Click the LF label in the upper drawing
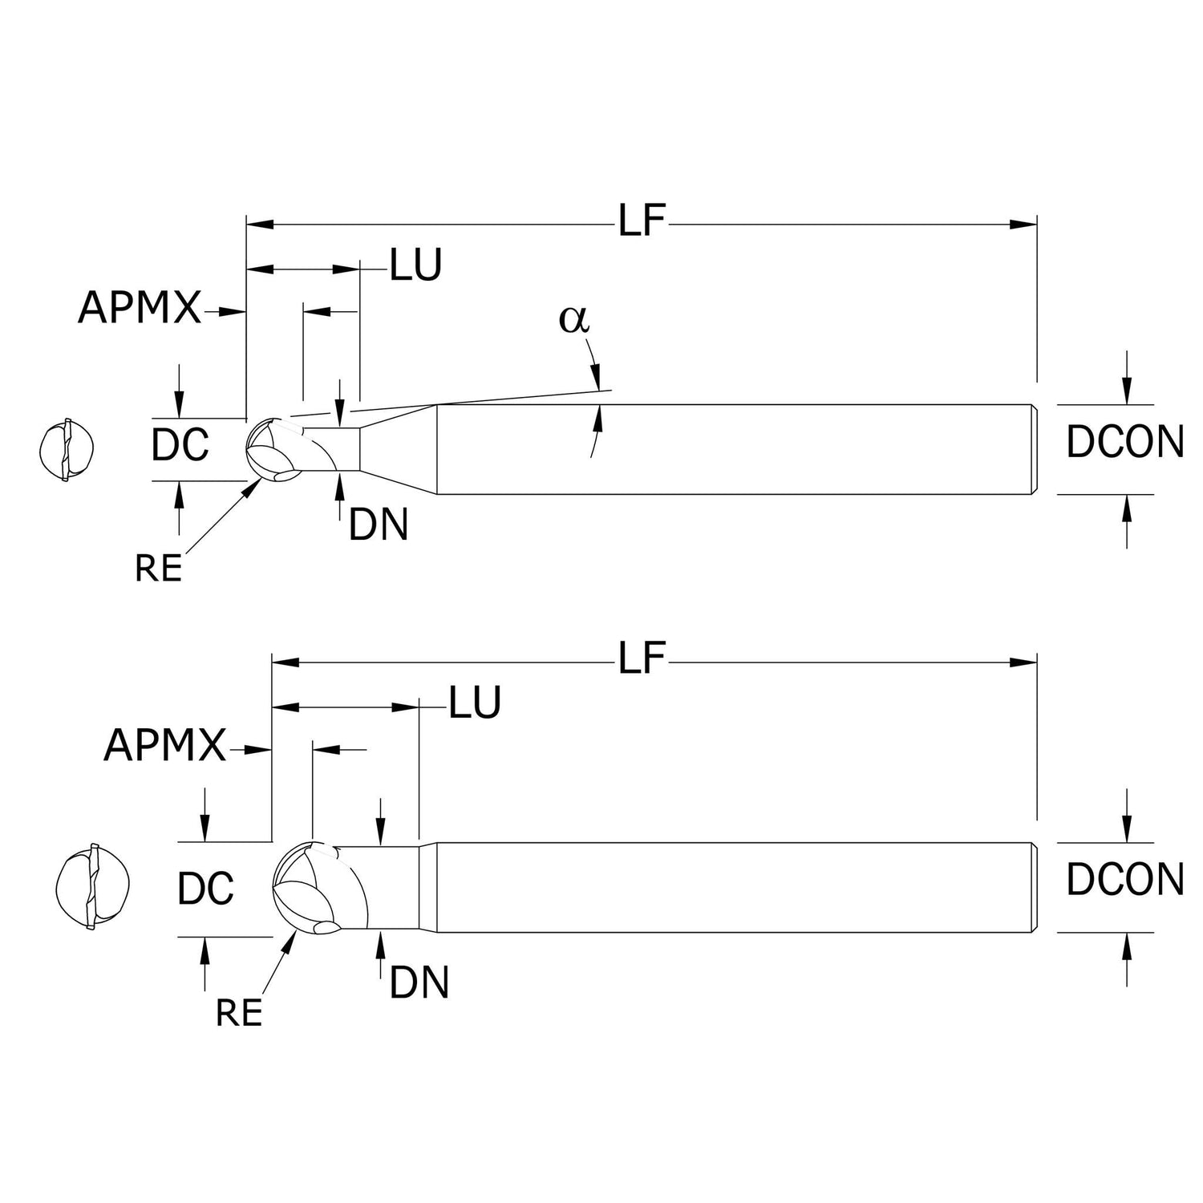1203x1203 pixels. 642,222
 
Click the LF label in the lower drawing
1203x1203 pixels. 642,660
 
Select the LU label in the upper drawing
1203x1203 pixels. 415,265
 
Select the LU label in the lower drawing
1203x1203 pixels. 475,703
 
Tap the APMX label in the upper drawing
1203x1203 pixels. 140,308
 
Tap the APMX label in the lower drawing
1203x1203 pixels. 165,746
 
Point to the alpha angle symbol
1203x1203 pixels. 574,319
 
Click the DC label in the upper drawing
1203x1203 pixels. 180,445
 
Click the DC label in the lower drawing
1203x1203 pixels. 206,888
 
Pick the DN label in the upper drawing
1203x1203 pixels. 379,525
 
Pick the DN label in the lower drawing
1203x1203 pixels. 419,983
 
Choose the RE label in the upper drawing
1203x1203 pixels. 158,569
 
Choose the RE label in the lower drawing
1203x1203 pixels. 239,1013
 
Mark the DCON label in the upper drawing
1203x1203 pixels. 1124,442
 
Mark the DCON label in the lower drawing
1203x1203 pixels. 1124,880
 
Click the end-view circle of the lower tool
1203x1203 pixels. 92,888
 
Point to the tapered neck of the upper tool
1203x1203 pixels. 398,450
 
